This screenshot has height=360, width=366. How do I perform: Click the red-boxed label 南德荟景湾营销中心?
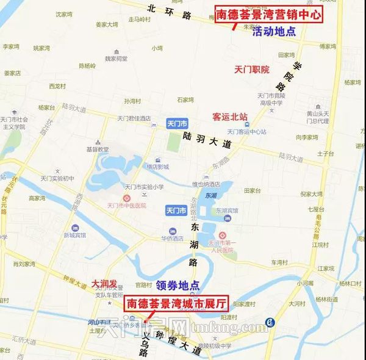click(268, 13)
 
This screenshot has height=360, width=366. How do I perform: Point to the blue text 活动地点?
click(274, 31)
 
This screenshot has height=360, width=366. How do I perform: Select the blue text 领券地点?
click(178, 285)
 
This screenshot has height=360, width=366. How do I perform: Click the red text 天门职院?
click(251, 70)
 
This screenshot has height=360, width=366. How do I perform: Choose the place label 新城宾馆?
click(76, 235)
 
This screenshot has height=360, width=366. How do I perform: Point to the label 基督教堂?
click(97, 149)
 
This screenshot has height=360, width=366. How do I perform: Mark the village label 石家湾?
click(185, 99)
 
